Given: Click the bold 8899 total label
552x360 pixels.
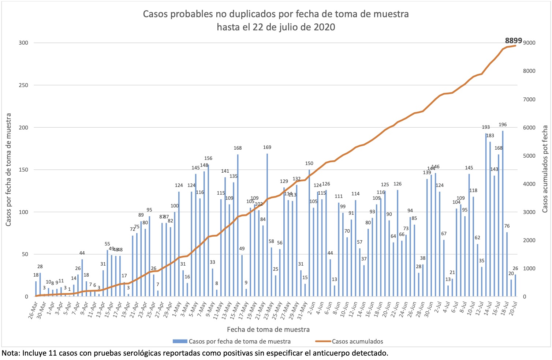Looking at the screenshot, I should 514,41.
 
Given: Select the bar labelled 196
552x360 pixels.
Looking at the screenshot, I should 503,214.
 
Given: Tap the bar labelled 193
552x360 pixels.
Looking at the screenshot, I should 486,215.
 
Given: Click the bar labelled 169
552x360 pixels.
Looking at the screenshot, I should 267,225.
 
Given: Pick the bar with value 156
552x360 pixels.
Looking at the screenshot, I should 208,230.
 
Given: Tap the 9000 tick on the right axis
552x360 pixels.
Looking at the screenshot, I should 529,43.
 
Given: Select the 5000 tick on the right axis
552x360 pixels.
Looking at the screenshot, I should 529,156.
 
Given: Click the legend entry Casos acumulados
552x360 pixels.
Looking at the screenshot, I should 357,341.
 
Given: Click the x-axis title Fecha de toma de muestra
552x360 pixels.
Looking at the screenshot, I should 268,329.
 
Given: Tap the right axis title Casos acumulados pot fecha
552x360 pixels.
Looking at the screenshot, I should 545,169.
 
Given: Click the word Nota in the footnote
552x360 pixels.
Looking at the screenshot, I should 10,353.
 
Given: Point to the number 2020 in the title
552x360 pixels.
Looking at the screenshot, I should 324,27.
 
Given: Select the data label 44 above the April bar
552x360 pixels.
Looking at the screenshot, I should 82,253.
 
